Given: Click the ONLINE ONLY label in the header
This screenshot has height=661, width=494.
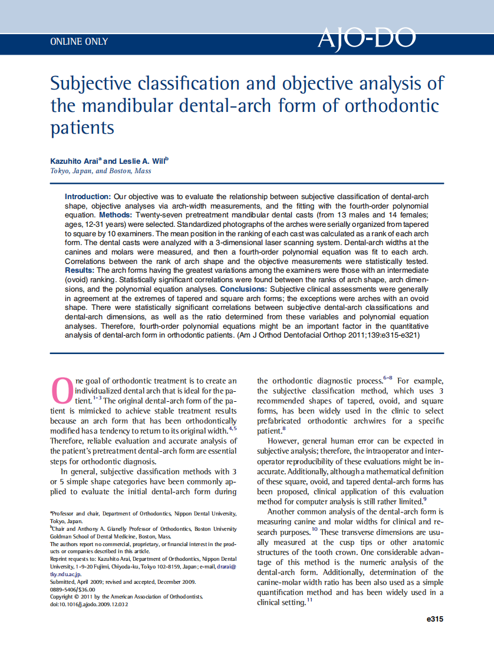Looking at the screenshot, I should coord(79,42).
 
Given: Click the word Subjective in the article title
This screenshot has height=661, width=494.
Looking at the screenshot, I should coord(88,84).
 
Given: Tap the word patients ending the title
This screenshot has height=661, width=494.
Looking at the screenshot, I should coord(82,127).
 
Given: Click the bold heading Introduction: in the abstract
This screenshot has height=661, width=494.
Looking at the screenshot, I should coord(88,196).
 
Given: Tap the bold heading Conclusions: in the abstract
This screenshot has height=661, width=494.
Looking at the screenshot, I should coord(243,290).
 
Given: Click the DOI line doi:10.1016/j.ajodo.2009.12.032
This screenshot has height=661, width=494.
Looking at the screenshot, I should coord(88,604).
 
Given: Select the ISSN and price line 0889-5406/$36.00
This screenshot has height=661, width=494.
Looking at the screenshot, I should coord(73,589).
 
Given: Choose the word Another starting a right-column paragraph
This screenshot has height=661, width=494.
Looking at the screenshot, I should coord(283,512).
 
